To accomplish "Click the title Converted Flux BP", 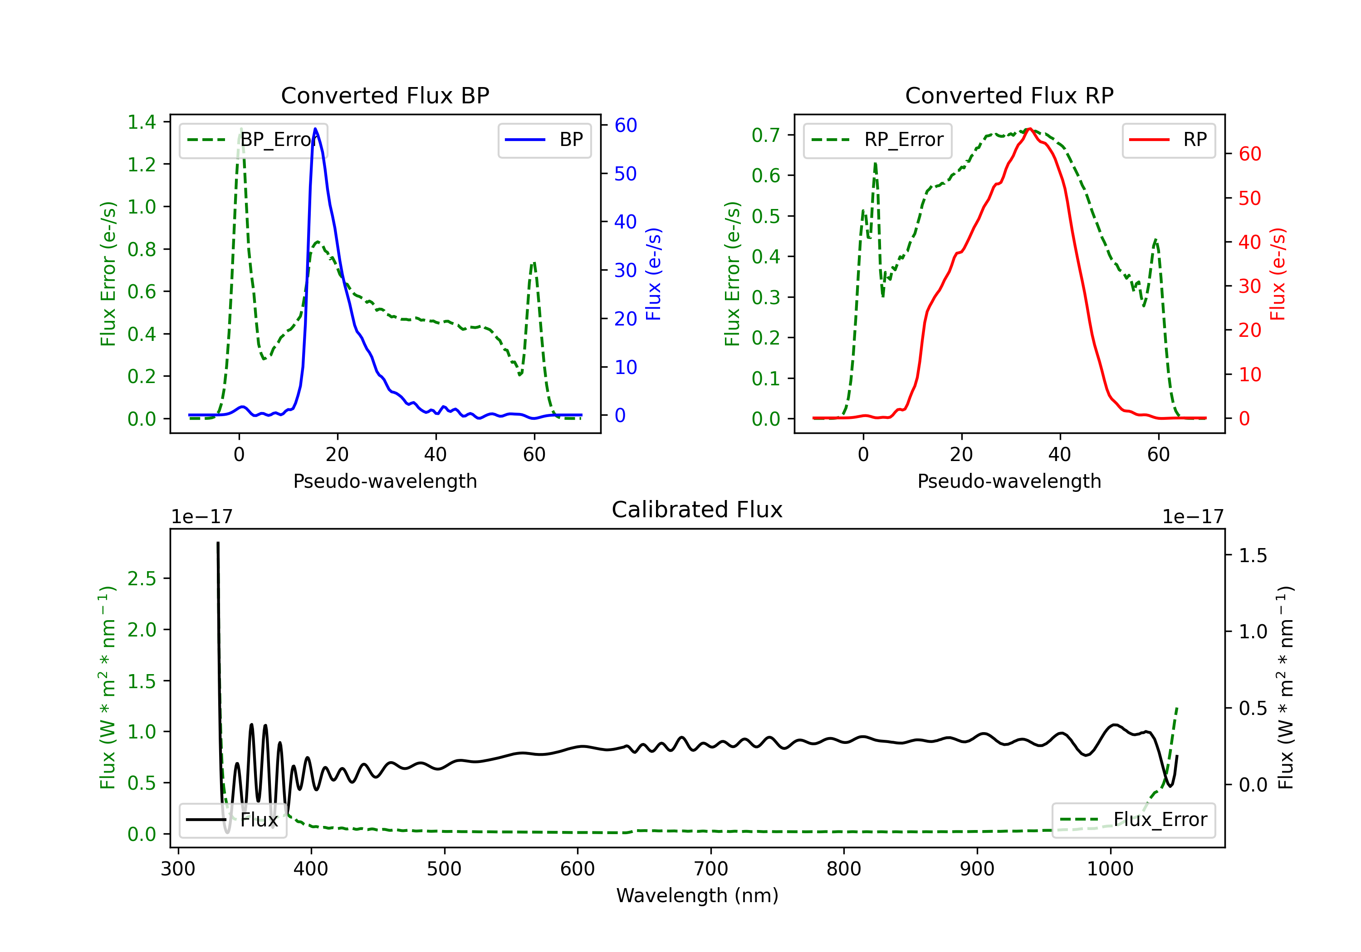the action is (385, 95).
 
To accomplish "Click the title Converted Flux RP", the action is (1009, 95).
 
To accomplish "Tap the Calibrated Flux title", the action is (697, 510).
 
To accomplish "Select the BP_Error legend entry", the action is (253, 140).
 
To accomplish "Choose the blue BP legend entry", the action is (544, 140).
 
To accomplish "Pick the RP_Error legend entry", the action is (877, 140).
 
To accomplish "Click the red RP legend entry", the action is (1168, 140).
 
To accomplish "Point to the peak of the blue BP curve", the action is (315, 129).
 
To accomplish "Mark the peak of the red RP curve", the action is (1030, 129).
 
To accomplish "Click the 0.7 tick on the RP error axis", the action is (766, 135).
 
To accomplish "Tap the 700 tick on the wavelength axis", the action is (711, 869).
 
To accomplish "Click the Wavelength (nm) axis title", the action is (697, 896).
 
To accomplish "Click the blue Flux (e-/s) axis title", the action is (653, 274).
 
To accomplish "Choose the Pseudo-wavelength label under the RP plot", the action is (1009, 481).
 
